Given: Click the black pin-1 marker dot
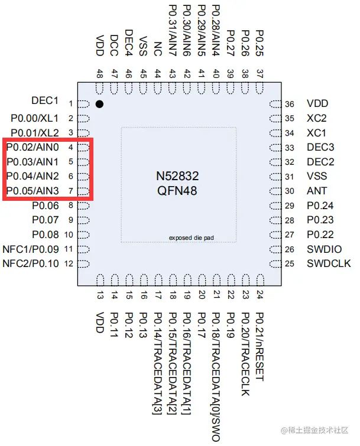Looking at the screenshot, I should (x=100, y=104).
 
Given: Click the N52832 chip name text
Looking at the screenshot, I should (x=177, y=176).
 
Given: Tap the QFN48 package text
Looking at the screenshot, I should (x=177, y=190).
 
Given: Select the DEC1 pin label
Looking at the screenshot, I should (x=45, y=100).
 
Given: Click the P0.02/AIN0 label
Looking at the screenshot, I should (x=33, y=147).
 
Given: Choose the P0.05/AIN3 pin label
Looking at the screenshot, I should (x=33, y=191).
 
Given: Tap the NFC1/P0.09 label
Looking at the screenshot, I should (x=31, y=249).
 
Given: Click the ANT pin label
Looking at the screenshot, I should (x=316, y=191).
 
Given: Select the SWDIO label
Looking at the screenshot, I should (x=324, y=249).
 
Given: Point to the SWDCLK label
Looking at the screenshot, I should (x=327, y=263).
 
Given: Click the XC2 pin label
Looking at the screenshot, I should (x=316, y=118).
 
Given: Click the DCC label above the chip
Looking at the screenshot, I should (x=114, y=44).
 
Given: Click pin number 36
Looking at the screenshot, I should (x=290, y=104).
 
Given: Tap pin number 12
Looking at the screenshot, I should (x=70, y=263).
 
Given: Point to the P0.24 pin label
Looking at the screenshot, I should (x=320, y=206).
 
